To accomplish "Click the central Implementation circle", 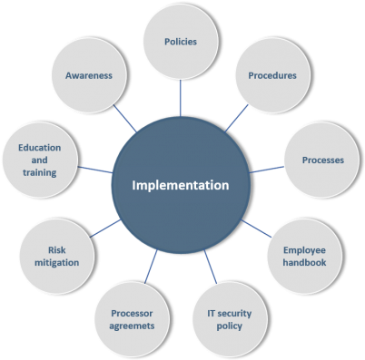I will click(x=181, y=186).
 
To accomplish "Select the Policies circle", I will click(x=180, y=42).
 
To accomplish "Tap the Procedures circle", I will click(x=271, y=75).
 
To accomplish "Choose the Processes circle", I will click(x=322, y=161).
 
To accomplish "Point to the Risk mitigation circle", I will click(x=57, y=255).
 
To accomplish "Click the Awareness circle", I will click(x=88, y=75).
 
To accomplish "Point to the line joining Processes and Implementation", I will click(x=267, y=170).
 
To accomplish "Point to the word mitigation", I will click(x=57, y=262).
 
